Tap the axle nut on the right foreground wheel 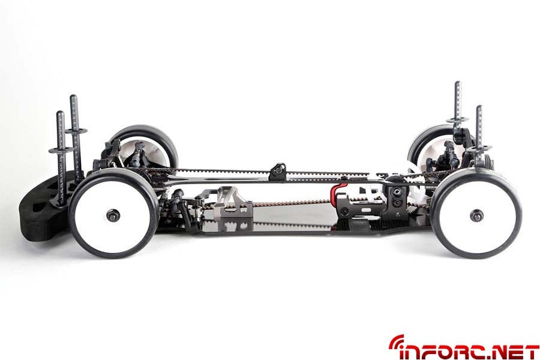(476, 215)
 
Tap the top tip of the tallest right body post (458, 83)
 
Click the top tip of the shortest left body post (60, 113)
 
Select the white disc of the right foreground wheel (476, 215)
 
